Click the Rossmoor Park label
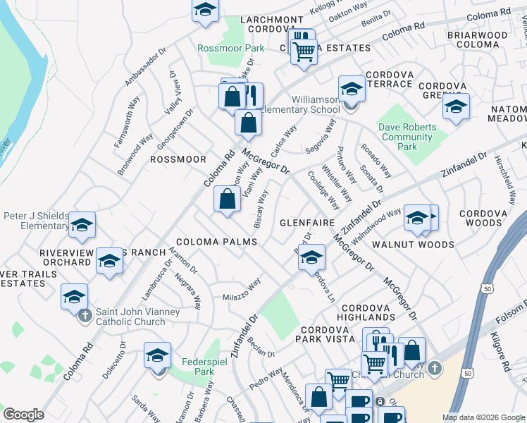(230, 48)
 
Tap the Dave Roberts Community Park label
(407, 137)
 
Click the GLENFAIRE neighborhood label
(306, 222)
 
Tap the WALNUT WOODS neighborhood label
(423, 245)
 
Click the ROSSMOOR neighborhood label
(178, 159)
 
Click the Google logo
(23, 415)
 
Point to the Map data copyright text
(483, 417)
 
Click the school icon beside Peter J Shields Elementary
(82, 226)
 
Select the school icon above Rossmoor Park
(205, 10)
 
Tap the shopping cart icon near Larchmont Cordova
(304, 51)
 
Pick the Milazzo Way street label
(242, 288)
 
